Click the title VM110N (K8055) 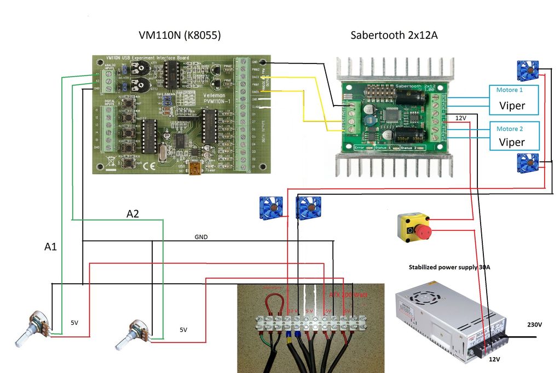pyautogui.click(x=180, y=36)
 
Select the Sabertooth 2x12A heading pyautogui.click(x=394, y=36)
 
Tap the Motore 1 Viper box pyautogui.click(x=513, y=99)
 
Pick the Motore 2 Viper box pyautogui.click(x=513, y=136)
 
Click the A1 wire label pyautogui.click(x=50, y=247)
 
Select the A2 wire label pyautogui.click(x=132, y=214)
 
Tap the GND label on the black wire pyautogui.click(x=202, y=238)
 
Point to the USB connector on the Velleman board pyautogui.click(x=195, y=170)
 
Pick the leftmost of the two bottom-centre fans pyautogui.click(x=270, y=208)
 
